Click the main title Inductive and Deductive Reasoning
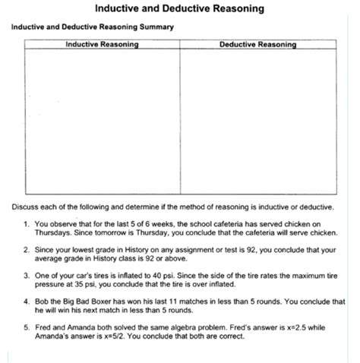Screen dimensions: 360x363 tap(180, 9)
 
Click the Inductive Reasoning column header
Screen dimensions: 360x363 tap(102, 44)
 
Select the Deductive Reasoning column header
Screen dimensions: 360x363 tap(257, 44)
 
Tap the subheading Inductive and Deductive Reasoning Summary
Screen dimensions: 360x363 tap(92, 27)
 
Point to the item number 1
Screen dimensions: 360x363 tap(26, 224)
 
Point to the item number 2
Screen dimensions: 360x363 tap(26, 248)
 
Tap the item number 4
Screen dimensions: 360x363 tap(26, 301)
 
